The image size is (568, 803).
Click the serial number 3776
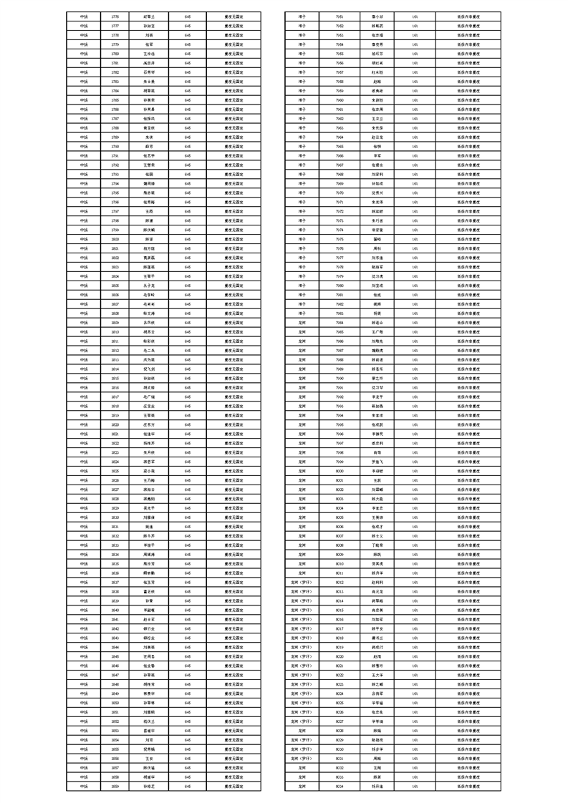click(x=115, y=16)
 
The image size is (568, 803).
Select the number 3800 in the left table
click(x=115, y=239)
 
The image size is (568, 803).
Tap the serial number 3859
click(x=115, y=786)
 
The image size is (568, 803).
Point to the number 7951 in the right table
click(x=340, y=16)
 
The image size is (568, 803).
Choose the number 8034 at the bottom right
click(x=340, y=786)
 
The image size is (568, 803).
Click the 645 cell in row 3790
click(x=188, y=146)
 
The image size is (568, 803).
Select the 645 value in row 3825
click(x=188, y=472)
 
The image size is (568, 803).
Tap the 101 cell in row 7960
click(x=415, y=99)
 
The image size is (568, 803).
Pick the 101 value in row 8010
click(x=415, y=564)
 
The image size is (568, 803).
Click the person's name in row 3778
click(x=149, y=34)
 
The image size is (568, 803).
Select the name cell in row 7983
click(x=377, y=313)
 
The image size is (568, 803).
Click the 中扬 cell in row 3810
click(x=85, y=332)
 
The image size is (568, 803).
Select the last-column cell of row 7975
click(x=468, y=239)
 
